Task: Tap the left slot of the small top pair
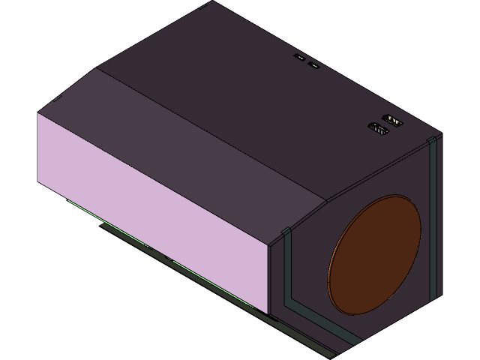[x=300, y=58]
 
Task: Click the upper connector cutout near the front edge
[x=391, y=119]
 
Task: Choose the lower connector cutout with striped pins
[x=379, y=130]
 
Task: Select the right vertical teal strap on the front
[x=433, y=225]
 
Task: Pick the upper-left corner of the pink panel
[x=39, y=113]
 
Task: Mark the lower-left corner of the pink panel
[x=39, y=182]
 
